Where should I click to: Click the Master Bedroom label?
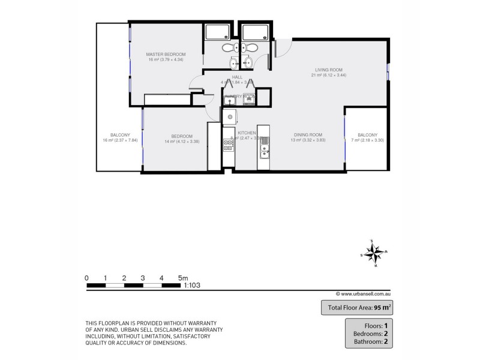point(166,55)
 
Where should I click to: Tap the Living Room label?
point(329,70)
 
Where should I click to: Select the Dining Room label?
point(308,134)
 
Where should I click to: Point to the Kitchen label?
point(247,133)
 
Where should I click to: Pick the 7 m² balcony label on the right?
point(367,134)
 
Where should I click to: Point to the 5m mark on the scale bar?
point(182,278)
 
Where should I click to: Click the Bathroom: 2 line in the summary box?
point(370,343)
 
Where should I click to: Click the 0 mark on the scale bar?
point(87,278)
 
